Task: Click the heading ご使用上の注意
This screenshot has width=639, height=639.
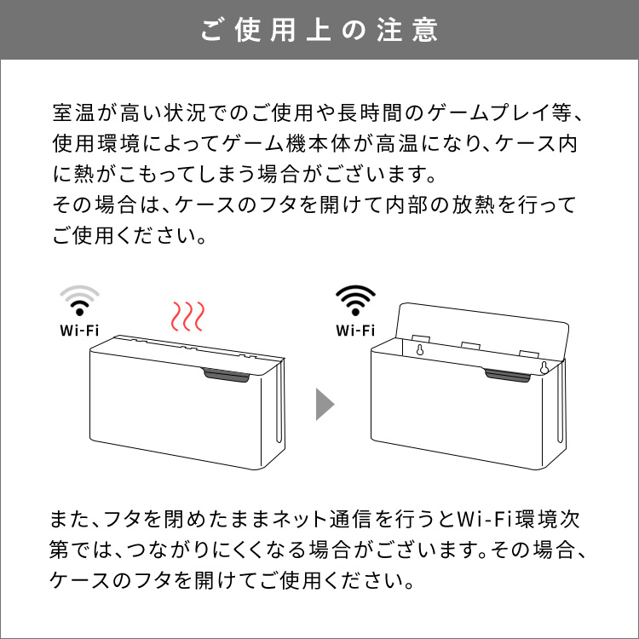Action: pyautogui.click(x=319, y=30)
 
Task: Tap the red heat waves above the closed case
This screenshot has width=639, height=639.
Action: pyautogui.click(x=187, y=316)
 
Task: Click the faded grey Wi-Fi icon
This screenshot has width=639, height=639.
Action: pyautogui.click(x=79, y=300)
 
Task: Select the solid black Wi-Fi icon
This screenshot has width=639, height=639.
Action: pyautogui.click(x=355, y=300)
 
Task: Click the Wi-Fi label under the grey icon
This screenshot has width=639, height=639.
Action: pyautogui.click(x=79, y=330)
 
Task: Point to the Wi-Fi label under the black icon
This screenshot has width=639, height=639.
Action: pyautogui.click(x=355, y=330)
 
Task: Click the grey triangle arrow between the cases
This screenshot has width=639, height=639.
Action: pyautogui.click(x=325, y=404)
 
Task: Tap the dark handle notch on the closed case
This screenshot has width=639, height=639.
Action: pyautogui.click(x=226, y=376)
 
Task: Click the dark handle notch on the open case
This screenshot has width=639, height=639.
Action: pyautogui.click(x=508, y=376)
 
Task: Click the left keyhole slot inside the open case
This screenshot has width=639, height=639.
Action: pyautogui.click(x=420, y=349)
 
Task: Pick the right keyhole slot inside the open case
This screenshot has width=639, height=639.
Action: pyautogui.click(x=544, y=367)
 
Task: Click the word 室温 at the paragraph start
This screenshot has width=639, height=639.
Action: pyautogui.click(x=74, y=112)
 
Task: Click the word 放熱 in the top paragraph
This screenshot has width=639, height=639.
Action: pyautogui.click(x=474, y=204)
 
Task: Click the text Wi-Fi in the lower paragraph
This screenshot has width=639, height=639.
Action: pyautogui.click(x=484, y=519)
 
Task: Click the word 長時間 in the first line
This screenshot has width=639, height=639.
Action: pyautogui.click(x=370, y=112)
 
